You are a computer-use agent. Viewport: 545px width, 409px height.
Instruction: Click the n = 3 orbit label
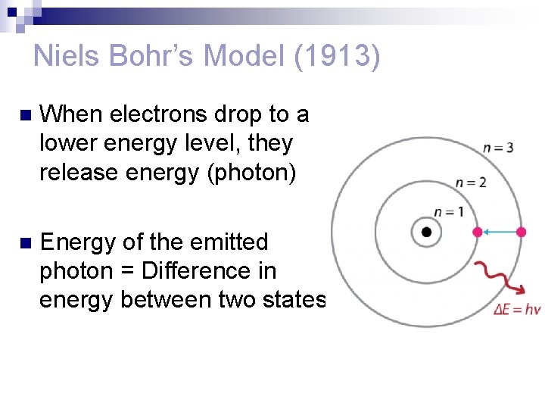498,147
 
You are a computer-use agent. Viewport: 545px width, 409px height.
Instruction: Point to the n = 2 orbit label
471,182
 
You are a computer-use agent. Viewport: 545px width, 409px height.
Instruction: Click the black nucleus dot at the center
426,232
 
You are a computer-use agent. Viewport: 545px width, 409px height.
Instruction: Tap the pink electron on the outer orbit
521,232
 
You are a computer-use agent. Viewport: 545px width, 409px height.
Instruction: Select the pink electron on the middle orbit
477,232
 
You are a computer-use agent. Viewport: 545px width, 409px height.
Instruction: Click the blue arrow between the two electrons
499,232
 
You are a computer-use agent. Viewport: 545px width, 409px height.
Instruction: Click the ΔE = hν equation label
517,309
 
